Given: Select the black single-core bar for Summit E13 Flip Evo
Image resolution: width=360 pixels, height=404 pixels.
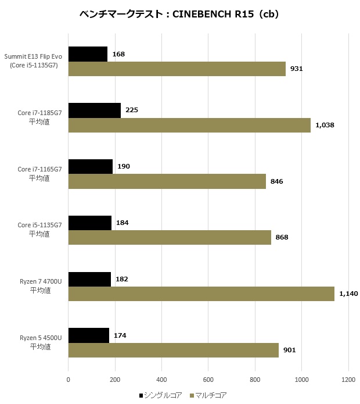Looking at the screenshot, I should pos(88,54).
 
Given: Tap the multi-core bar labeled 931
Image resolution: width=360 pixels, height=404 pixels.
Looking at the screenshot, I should pos(177,69).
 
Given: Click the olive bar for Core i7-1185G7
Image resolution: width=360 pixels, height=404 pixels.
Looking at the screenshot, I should pos(189,125).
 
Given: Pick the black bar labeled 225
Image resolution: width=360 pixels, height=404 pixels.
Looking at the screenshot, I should pos(95,110).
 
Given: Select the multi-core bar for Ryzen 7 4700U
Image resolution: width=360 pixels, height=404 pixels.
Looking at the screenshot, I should pos(201,294).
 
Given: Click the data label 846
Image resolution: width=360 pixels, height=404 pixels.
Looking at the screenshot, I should pos(276,181).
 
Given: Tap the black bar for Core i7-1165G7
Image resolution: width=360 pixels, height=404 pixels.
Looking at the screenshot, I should pos(91,167).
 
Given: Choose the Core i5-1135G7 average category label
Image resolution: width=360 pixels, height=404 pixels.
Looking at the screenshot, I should pos(39,230).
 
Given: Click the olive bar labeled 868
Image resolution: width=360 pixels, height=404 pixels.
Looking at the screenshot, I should pos(170,237).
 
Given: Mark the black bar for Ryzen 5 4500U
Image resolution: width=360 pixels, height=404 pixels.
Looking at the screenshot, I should pos(89,335).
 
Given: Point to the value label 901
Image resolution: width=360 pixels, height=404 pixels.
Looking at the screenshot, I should pos(289,350).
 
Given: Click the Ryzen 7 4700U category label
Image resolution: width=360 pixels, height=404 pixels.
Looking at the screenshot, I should pos(39,286).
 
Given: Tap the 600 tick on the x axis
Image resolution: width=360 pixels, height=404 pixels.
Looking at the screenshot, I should pos(208,381).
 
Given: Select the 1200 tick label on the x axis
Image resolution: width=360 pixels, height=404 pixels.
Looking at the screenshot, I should pos(348,381).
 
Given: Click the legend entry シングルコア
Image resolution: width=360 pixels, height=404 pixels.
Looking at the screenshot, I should pos(161,396).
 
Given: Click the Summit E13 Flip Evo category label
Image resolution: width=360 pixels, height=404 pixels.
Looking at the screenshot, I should pos(34,61).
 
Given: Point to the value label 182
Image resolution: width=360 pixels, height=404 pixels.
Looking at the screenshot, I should pos(121,279).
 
